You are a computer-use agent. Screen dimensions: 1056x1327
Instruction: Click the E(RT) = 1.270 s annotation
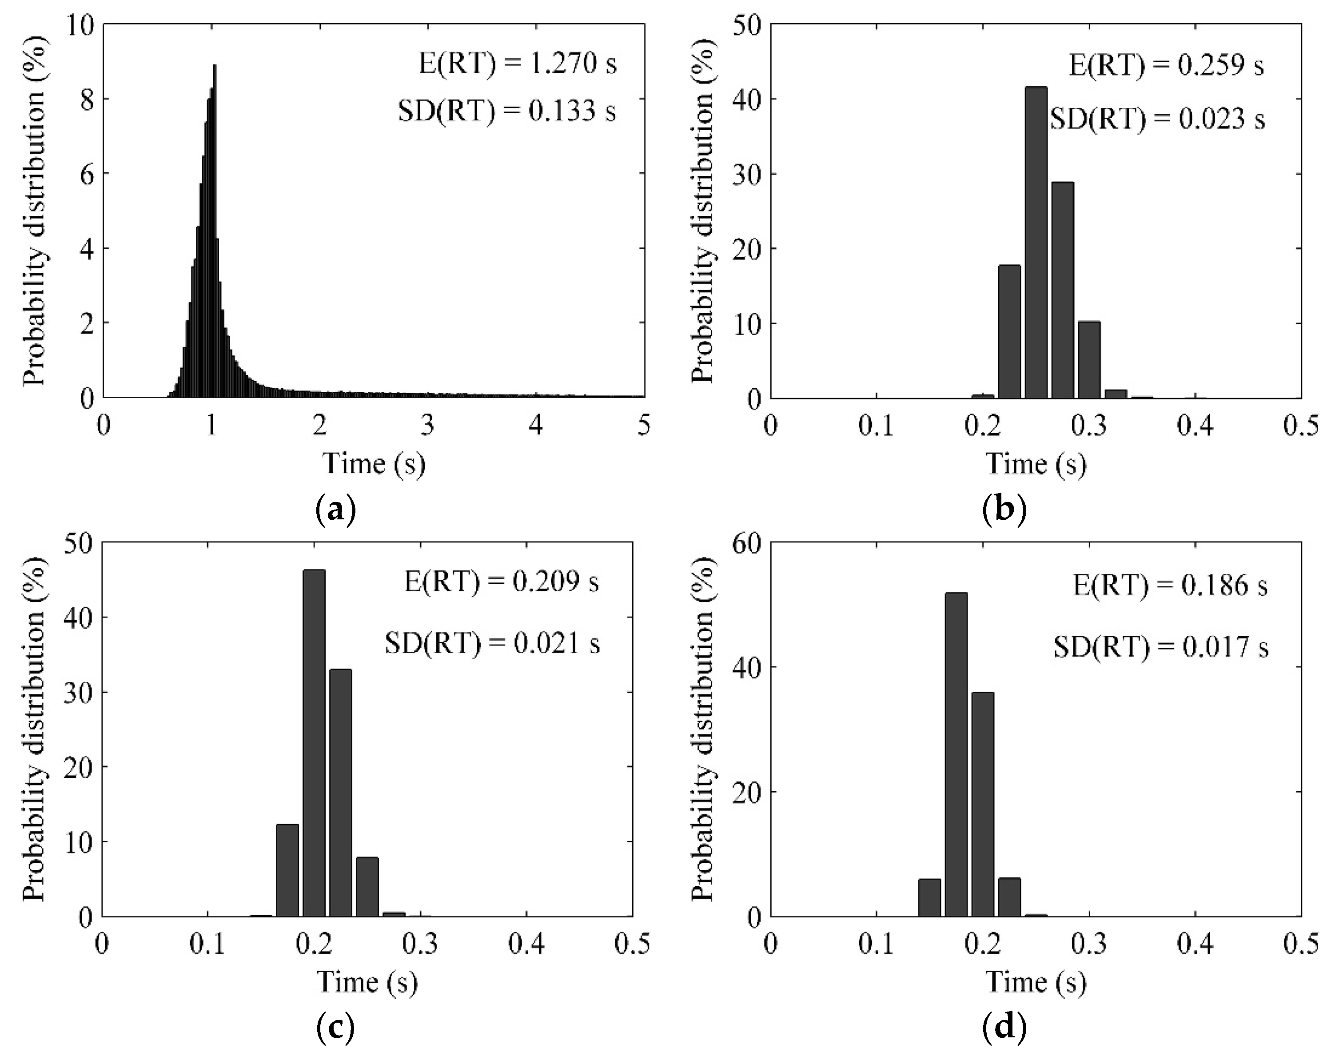(x=518, y=64)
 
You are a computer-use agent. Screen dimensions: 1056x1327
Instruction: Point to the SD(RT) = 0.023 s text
(x=1157, y=118)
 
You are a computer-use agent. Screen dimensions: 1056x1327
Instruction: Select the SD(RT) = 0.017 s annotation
(x=1161, y=647)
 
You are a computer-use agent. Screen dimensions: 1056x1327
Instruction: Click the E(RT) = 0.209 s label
(x=502, y=582)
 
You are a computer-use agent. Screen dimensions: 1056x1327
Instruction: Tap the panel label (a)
(x=335, y=510)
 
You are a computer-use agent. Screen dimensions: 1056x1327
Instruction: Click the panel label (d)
(x=1004, y=1028)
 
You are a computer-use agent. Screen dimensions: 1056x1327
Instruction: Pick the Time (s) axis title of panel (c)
(x=367, y=981)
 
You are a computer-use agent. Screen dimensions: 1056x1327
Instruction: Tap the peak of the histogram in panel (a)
(x=214, y=67)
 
